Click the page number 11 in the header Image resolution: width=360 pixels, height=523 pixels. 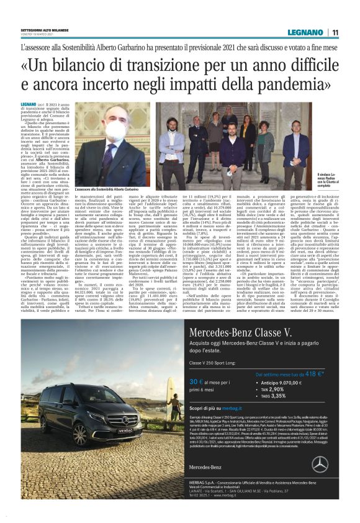tap(335, 32)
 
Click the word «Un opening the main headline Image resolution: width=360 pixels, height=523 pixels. tap(35, 65)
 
